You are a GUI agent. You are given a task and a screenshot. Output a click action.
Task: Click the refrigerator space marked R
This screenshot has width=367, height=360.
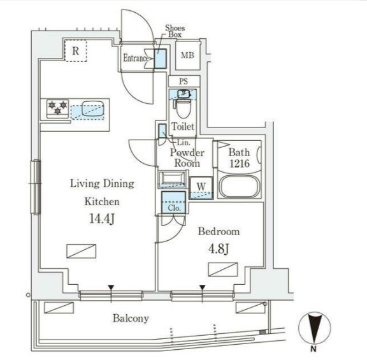click(75, 50)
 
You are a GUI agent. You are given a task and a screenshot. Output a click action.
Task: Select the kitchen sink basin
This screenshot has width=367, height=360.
click(92, 108)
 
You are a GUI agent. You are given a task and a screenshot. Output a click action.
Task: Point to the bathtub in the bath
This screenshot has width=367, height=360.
click(240, 187)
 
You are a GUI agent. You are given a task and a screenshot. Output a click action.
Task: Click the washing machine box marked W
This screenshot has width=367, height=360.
click(201, 188)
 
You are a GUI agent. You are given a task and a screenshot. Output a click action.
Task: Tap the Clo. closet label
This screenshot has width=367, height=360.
click(174, 208)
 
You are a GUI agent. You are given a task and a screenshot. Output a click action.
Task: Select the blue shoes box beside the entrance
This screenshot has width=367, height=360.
click(161, 59)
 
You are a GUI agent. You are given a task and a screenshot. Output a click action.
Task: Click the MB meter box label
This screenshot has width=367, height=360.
click(187, 55)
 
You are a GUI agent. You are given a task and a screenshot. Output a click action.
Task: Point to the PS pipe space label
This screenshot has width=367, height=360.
click(183, 81)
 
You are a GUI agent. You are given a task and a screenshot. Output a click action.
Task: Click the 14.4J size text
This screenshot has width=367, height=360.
click(102, 219)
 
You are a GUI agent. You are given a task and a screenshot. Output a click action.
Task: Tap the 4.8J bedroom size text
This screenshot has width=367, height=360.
click(219, 249)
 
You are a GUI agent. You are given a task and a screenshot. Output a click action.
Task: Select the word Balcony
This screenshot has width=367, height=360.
click(131, 319)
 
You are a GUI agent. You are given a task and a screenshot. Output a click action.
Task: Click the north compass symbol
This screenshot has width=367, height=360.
click(314, 328)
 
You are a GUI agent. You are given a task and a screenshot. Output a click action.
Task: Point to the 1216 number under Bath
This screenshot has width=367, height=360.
click(240, 163)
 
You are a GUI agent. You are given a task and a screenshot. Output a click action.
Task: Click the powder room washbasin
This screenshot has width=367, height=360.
click(172, 179)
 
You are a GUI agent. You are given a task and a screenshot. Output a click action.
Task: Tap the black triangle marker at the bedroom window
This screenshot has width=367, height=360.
click(203, 287)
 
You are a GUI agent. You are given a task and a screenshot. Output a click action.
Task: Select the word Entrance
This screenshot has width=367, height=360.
click(136, 58)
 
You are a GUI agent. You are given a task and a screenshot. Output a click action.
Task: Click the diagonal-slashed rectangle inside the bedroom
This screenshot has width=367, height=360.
click(223, 270)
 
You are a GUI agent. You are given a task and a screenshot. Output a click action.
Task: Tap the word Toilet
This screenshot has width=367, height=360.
click(183, 127)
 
